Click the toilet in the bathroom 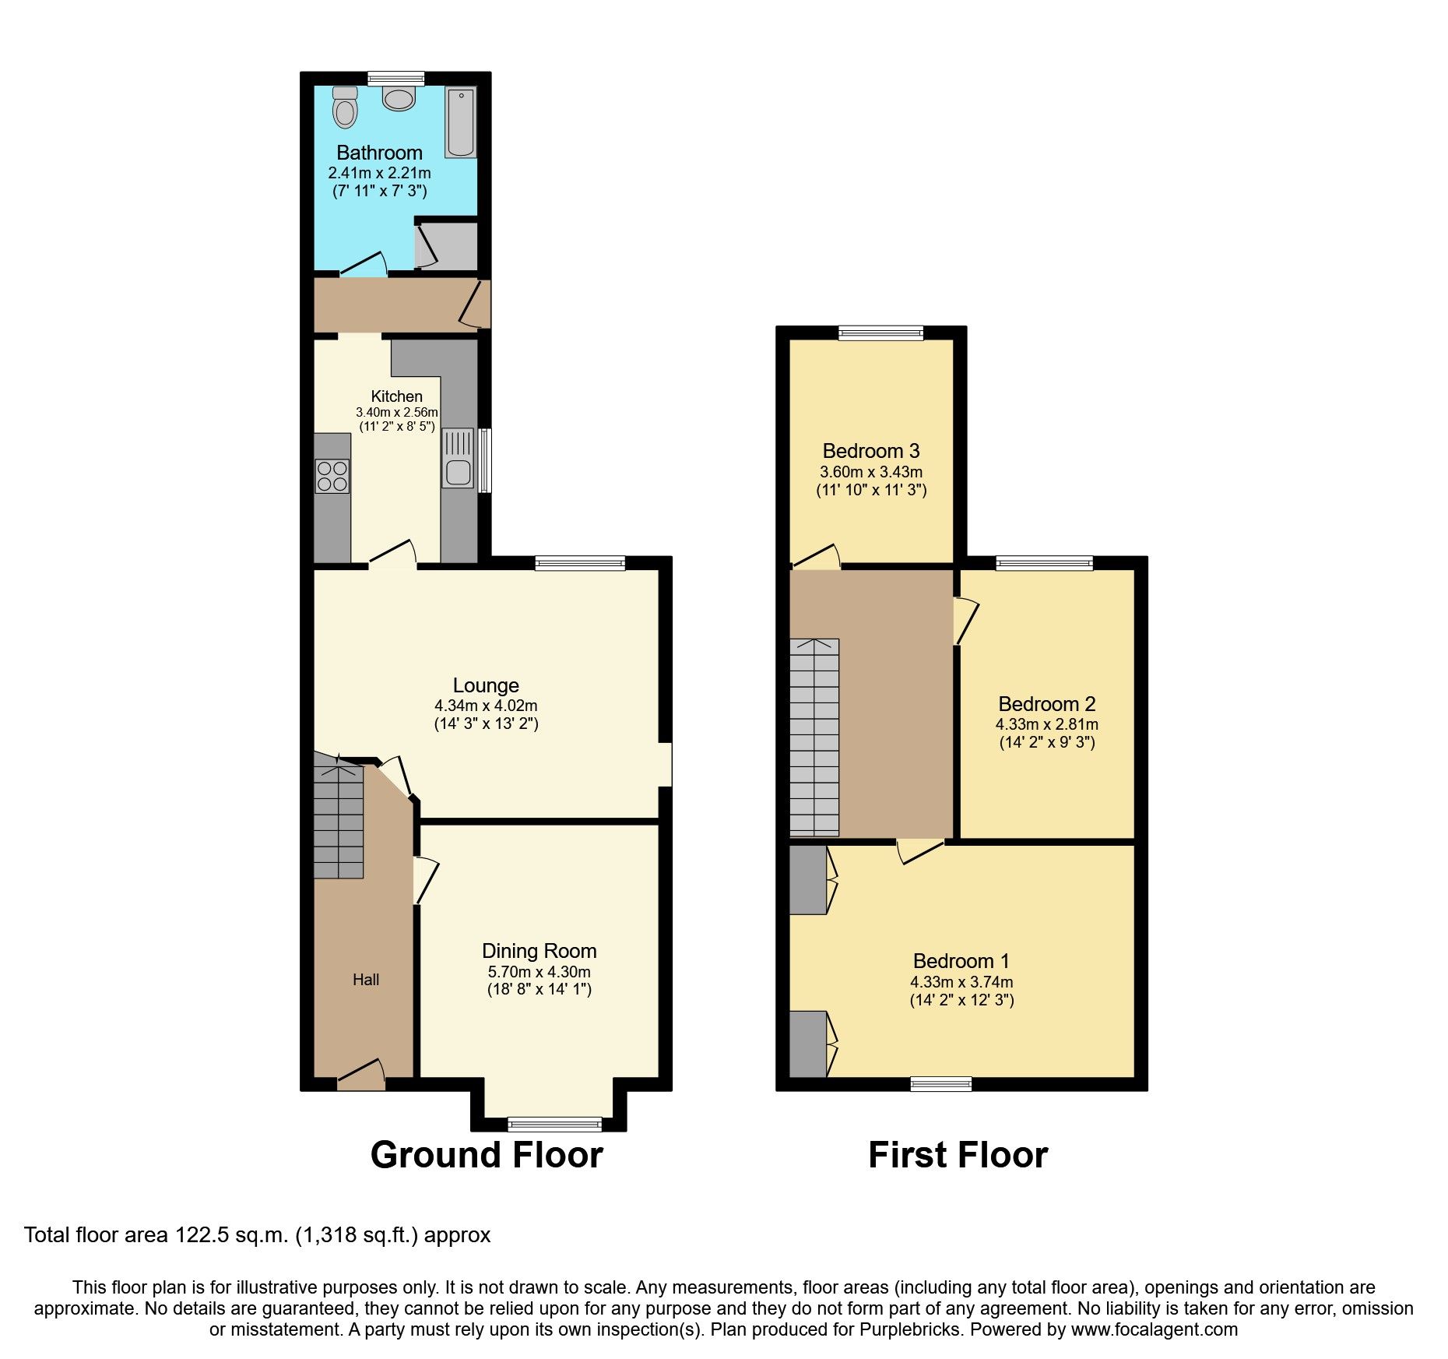tap(345, 107)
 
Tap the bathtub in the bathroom tap(460, 122)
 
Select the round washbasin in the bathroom tap(399, 99)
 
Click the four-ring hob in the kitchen tap(332, 476)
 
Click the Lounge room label tap(486, 685)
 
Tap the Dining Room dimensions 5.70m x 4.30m tap(539, 972)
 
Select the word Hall tap(365, 980)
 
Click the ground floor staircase tap(339, 822)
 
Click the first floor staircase tap(814, 737)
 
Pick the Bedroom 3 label tap(871, 451)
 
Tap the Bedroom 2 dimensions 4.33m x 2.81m tap(1046, 724)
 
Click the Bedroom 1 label tap(961, 961)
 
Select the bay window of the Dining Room tap(554, 1123)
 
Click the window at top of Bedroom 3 tap(880, 333)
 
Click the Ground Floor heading tap(487, 1155)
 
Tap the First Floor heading tap(958, 1155)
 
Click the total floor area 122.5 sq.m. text tap(257, 1235)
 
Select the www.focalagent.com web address tap(1154, 1330)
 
